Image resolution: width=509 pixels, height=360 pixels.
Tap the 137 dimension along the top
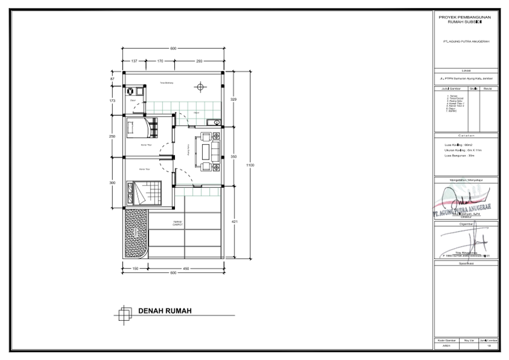pos(134,61)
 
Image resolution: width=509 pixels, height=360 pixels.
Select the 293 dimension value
pos(198,61)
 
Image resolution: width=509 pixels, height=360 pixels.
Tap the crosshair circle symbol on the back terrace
pos(200,88)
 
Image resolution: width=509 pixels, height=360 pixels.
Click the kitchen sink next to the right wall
pos(216,122)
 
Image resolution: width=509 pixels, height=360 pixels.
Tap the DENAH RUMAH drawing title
pos(165,311)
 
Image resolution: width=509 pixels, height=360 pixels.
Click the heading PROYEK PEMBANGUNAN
pos(464,17)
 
